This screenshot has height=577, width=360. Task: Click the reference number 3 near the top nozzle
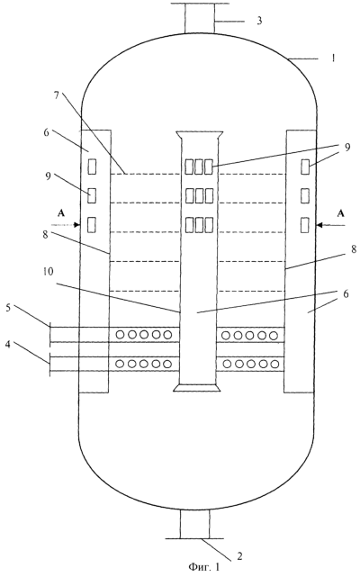[x=259, y=21]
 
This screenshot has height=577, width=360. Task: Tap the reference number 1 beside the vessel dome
[x=333, y=59]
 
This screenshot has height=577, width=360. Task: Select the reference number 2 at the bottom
[x=239, y=556]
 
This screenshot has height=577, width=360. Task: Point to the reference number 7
[x=57, y=95]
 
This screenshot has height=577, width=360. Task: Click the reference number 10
[x=49, y=272]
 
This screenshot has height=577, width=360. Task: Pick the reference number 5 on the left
[x=8, y=308]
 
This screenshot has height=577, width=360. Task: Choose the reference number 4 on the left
[x=8, y=345]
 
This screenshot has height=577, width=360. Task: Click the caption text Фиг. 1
[x=204, y=567]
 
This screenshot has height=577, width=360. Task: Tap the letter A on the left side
[x=61, y=213]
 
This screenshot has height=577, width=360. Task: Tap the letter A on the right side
[x=341, y=213]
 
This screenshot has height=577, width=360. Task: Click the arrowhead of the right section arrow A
[x=318, y=224]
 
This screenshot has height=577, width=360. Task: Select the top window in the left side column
[x=92, y=166]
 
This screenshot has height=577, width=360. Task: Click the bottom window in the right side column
[x=305, y=225]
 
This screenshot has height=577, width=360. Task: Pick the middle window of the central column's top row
[x=199, y=167]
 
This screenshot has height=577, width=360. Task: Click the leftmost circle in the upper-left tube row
[x=120, y=335]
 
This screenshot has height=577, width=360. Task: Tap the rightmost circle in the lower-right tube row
[x=274, y=364]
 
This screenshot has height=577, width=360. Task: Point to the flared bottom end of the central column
[x=197, y=387]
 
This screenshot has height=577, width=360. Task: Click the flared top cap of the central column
[x=199, y=135]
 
